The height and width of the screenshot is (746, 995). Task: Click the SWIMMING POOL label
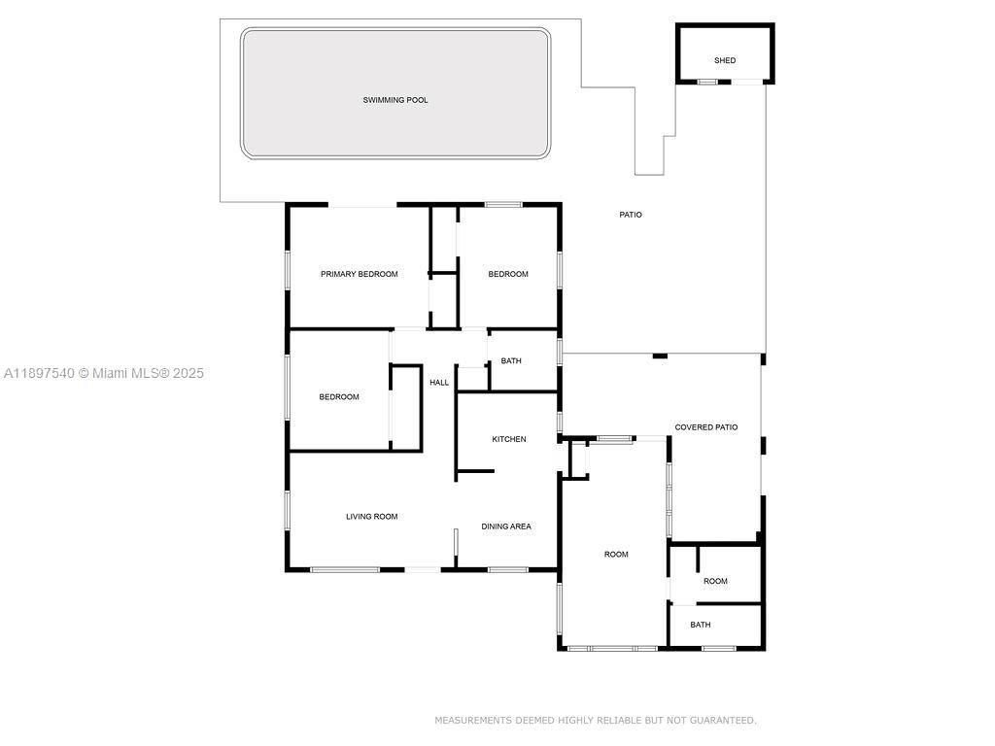click(395, 100)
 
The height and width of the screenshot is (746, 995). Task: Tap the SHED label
click(725, 60)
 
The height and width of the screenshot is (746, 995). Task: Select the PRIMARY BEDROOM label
click(360, 274)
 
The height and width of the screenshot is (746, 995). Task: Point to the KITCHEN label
click(509, 439)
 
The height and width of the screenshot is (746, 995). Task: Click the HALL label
click(439, 383)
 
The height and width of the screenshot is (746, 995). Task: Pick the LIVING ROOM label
click(372, 517)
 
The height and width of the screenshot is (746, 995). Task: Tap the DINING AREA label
click(506, 526)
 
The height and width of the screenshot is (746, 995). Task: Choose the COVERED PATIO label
click(706, 427)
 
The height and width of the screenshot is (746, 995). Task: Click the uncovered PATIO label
click(631, 215)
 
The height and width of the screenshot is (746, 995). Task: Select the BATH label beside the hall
click(511, 361)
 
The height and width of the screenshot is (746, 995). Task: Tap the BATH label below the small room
click(701, 625)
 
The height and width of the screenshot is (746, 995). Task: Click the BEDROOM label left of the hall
click(339, 396)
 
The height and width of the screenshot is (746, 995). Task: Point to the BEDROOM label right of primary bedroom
click(508, 274)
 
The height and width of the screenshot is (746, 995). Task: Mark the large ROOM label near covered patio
click(616, 555)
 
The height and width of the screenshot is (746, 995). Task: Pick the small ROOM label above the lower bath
click(715, 582)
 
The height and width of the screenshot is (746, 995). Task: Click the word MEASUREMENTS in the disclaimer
click(473, 721)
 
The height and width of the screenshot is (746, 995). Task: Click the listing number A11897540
click(39, 373)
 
